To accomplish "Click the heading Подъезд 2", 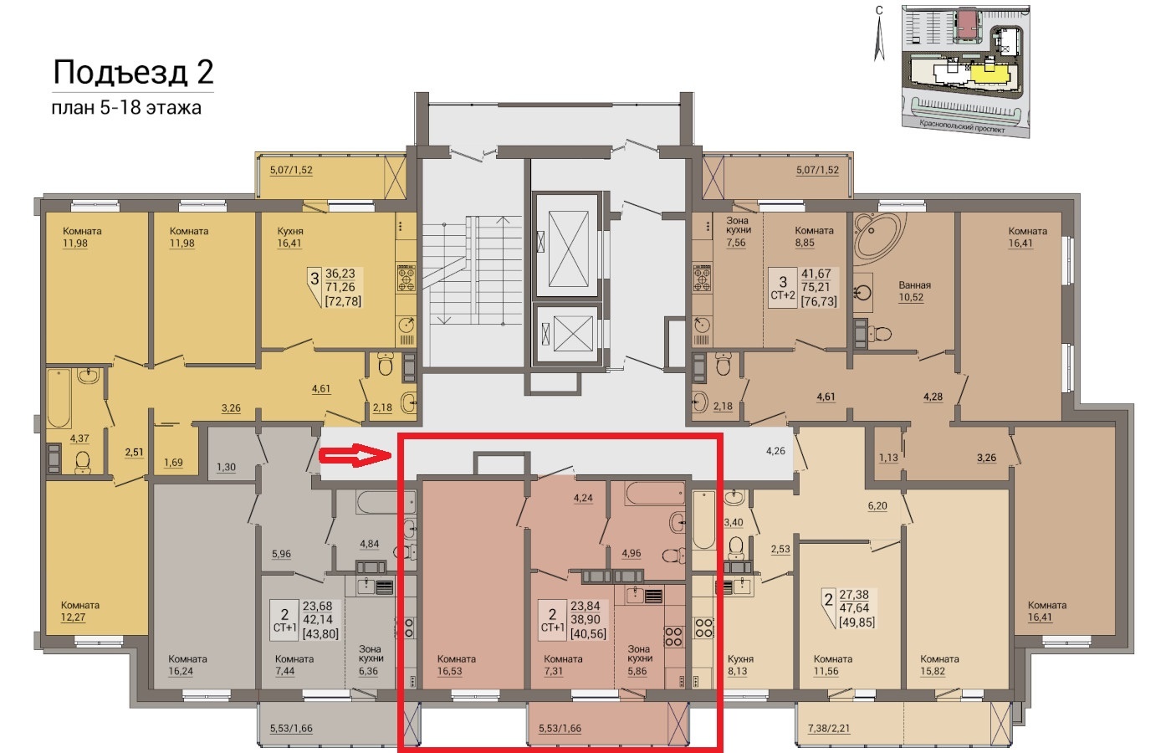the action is pyautogui.click(x=133, y=72).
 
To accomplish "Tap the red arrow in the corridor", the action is pyautogui.click(x=355, y=455).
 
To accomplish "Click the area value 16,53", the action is pyautogui.click(x=450, y=671).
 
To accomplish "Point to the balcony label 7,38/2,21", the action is pyautogui.click(x=829, y=728).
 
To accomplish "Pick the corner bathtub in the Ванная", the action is pyautogui.click(x=877, y=236).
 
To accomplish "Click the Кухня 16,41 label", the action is pyautogui.click(x=289, y=237).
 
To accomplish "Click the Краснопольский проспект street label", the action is pyautogui.click(x=962, y=126).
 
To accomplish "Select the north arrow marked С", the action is pyautogui.click(x=879, y=34).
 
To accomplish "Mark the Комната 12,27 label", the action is pyautogui.click(x=80, y=611).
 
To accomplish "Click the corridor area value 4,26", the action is pyautogui.click(x=775, y=451).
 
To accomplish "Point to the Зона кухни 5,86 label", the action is pyautogui.click(x=639, y=660).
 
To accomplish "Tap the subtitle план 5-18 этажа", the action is pyautogui.click(x=126, y=108).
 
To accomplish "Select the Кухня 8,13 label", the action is pyautogui.click(x=740, y=664).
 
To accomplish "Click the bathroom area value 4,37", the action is pyautogui.click(x=79, y=438).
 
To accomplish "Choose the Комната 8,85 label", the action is pyautogui.click(x=814, y=236).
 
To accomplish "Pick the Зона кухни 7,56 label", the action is pyautogui.click(x=737, y=231).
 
